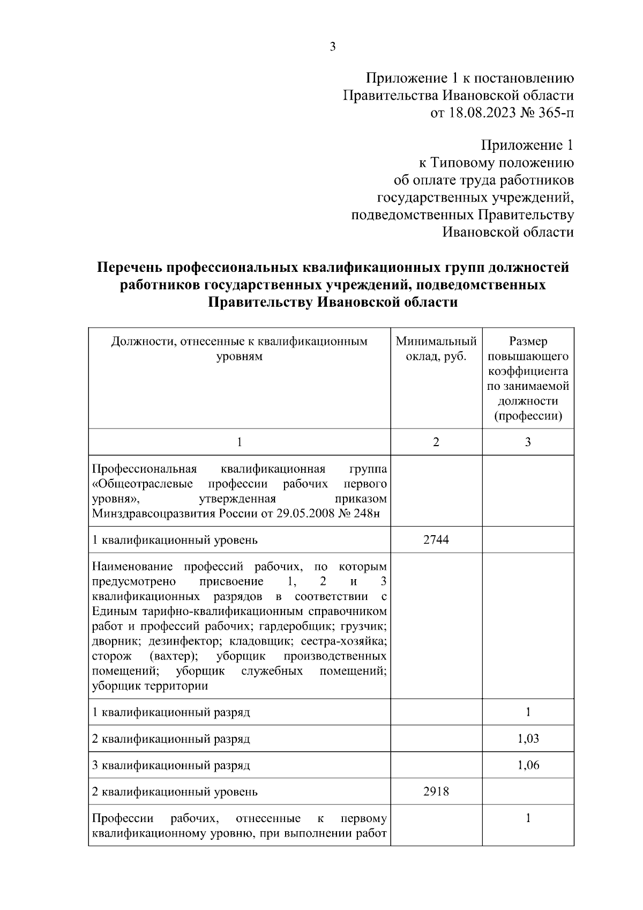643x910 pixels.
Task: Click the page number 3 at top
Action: (332, 47)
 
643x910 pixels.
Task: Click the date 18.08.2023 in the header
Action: (482, 113)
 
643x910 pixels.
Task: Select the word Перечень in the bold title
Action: (129, 268)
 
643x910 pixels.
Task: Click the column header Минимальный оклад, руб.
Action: (436, 349)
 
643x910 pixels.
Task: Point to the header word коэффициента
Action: (528, 371)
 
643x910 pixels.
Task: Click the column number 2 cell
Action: (436, 442)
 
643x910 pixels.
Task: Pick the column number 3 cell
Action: (528, 442)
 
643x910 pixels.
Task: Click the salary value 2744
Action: (436, 539)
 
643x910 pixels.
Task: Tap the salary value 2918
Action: (436, 791)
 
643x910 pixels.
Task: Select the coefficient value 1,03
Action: (528, 739)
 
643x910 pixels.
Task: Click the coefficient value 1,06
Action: (528, 765)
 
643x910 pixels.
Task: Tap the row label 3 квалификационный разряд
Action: (171, 765)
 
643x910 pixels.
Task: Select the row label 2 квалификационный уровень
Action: (175, 791)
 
